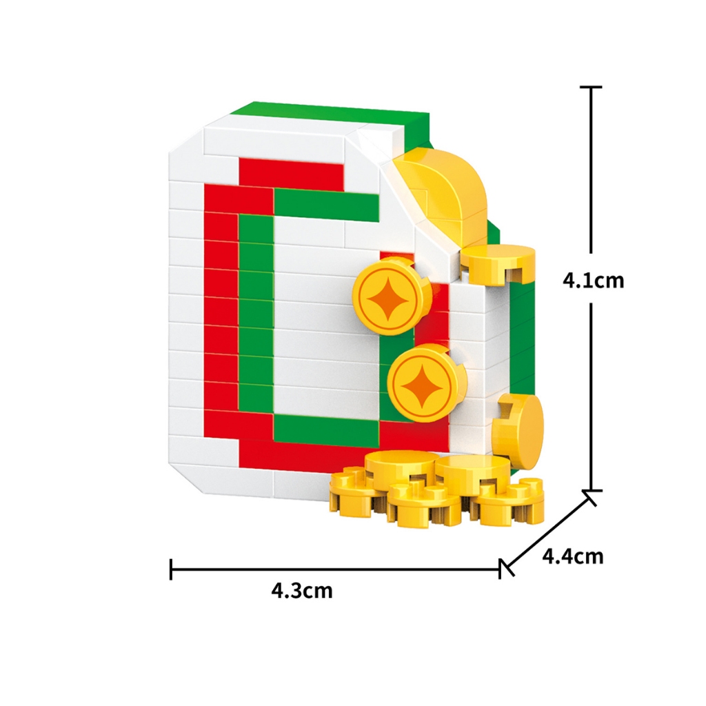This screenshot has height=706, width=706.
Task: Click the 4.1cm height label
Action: click(593, 281)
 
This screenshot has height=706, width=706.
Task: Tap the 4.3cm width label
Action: click(302, 590)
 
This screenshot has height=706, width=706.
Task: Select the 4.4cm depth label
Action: click(572, 556)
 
